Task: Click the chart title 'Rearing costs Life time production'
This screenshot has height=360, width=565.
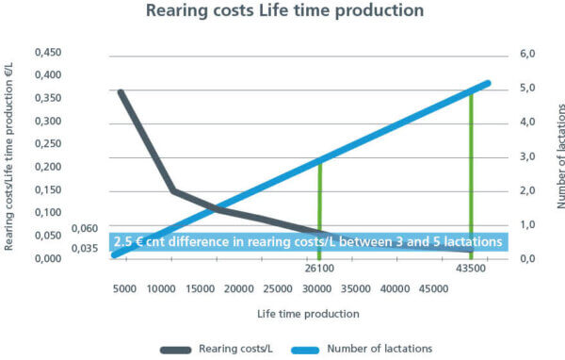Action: (x=284, y=10)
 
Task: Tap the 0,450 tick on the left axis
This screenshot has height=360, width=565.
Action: (x=48, y=53)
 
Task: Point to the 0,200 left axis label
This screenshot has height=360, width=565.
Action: (x=48, y=167)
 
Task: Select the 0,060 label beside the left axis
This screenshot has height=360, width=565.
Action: (x=85, y=228)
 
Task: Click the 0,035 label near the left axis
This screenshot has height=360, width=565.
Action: (x=85, y=248)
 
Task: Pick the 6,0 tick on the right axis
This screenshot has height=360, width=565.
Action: (x=527, y=54)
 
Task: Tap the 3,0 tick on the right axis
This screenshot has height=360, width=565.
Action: (x=527, y=157)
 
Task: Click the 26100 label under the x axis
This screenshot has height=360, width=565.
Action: (x=319, y=269)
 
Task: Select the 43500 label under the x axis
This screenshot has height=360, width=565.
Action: (x=471, y=269)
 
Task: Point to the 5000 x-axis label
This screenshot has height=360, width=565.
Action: (x=124, y=289)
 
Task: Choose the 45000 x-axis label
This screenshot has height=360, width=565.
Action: (x=433, y=289)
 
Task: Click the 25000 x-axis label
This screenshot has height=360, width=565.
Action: (x=278, y=289)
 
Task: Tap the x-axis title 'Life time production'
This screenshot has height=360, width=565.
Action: (x=308, y=314)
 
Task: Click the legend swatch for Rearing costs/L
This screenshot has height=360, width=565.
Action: (x=175, y=350)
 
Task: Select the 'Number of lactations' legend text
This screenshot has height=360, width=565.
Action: (x=379, y=349)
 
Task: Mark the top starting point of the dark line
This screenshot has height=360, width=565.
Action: (x=121, y=92)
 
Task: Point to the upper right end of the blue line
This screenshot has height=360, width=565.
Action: (x=488, y=84)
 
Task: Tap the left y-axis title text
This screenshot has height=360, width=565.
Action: (x=8, y=157)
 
